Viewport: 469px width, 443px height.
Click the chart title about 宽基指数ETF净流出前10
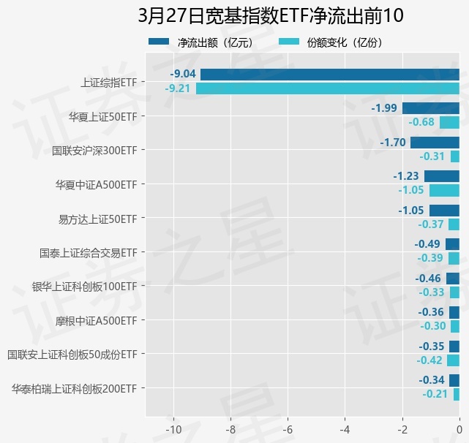pyautogui.click(x=271, y=16)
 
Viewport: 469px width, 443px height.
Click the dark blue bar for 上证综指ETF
pyautogui.click(x=329, y=75)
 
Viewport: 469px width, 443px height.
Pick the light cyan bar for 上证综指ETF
pyautogui.click(x=327, y=88)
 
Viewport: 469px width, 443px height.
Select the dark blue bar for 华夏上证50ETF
pyautogui.click(x=430, y=108)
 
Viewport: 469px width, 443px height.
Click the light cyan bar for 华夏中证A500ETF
pyautogui.click(x=444, y=190)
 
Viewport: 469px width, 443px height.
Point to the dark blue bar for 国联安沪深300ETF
pyautogui.click(x=435, y=143)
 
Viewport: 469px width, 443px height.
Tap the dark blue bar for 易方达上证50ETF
pyautogui.click(x=444, y=211)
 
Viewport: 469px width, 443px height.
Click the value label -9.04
pyautogui.click(x=183, y=75)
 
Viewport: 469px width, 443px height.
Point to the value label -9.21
pyautogui.click(x=178, y=88)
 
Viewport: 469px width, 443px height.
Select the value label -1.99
pyautogui.click(x=384, y=108)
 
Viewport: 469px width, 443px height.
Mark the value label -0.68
pyautogui.click(x=421, y=122)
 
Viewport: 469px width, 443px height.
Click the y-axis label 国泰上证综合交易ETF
pyautogui.click(x=89, y=252)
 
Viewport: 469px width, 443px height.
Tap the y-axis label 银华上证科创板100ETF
pyautogui.click(x=85, y=286)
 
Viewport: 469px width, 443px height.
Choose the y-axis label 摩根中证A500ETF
pyautogui.click(x=97, y=320)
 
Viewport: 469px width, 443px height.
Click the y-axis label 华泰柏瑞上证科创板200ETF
pyautogui.click(x=75, y=388)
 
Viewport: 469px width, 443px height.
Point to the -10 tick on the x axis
pyautogui.click(x=173, y=428)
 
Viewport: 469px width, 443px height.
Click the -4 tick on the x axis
pyautogui.click(x=345, y=428)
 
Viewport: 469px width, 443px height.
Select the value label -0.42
pyautogui.click(x=429, y=360)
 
